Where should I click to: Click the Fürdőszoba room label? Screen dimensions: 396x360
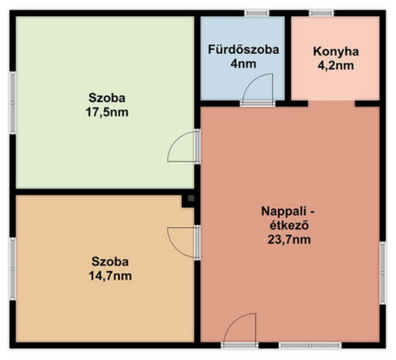244,49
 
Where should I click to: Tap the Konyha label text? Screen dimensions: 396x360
336,51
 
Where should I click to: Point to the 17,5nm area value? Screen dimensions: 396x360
107,112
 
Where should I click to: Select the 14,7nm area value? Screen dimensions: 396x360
110,276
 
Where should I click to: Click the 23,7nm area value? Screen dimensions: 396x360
289,239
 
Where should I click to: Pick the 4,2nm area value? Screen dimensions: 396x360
336,66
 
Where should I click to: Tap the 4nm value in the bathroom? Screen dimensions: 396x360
244,64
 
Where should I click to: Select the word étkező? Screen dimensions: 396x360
289,225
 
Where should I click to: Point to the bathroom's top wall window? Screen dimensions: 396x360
256,13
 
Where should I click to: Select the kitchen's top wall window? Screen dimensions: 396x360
321,13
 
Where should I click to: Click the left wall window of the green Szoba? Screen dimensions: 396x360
12,103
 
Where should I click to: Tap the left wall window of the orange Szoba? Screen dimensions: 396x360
12,269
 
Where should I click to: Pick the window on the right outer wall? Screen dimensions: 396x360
383,273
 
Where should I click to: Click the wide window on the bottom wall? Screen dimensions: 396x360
310,345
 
